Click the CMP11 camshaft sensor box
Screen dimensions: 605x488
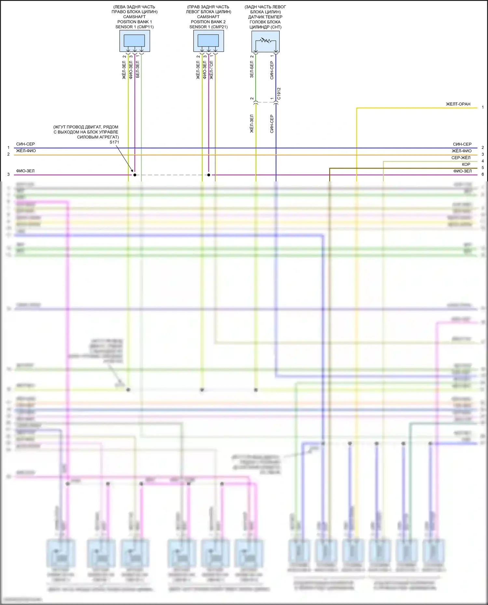pos(135,41)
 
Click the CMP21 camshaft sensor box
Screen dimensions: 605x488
pos(209,41)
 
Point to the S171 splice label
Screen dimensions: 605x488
pos(114,142)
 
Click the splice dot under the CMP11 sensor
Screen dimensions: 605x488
pos(135,175)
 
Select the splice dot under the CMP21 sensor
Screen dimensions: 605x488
pos(209,175)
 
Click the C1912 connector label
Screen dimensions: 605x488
pos(279,93)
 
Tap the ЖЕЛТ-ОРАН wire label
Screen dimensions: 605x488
pos(458,104)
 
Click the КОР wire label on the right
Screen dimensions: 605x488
pos(466,164)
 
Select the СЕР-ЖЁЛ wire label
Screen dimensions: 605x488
pos(461,158)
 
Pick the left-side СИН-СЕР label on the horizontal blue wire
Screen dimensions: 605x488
pos(25,144)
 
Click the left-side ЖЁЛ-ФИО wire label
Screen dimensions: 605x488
pos(26,151)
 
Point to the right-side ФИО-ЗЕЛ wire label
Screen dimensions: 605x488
pos(462,171)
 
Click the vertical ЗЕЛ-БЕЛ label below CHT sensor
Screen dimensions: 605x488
pos(251,70)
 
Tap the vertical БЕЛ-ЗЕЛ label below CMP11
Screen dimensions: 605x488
pos(137,69)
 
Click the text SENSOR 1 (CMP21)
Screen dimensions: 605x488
pos(209,27)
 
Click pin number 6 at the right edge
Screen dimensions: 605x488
pos(483,174)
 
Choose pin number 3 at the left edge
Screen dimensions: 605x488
pos(8,175)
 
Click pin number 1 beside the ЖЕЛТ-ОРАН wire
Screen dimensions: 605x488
pos(483,107)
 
